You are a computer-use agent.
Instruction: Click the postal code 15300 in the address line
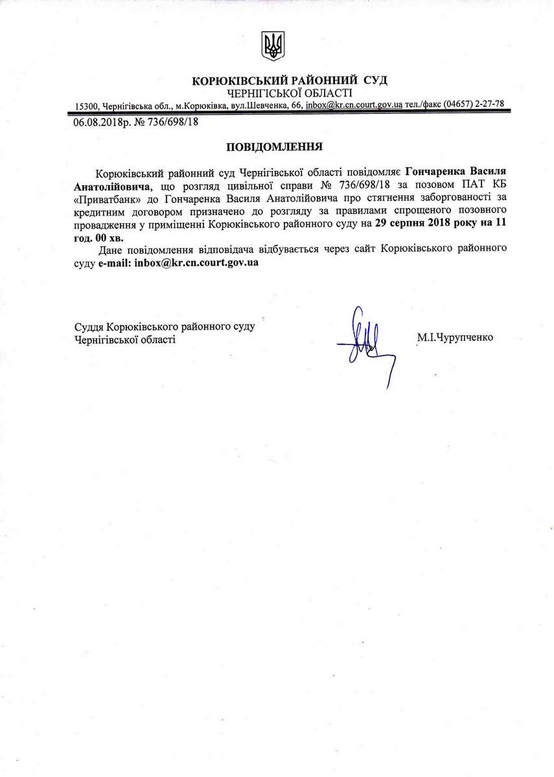(x=86, y=106)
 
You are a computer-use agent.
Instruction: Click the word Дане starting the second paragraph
(x=110, y=250)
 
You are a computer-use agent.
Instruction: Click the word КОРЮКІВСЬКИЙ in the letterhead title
(x=240, y=80)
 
